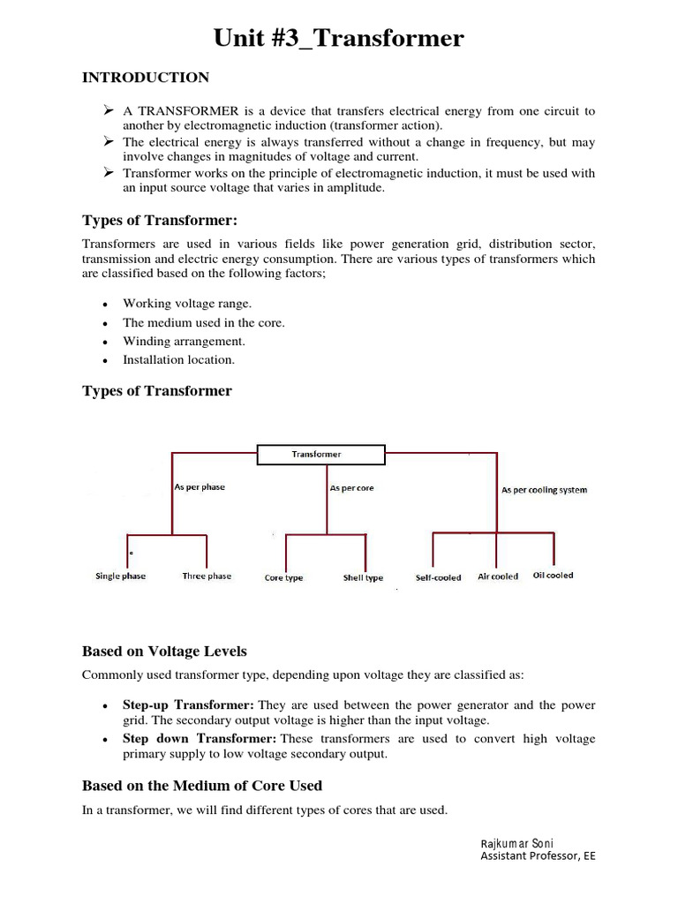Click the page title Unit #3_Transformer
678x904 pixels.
coord(339,38)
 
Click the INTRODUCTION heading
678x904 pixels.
coord(146,78)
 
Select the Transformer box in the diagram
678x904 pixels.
coord(320,455)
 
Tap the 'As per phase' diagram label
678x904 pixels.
coord(200,487)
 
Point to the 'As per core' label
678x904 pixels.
coord(351,488)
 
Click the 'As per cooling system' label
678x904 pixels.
coord(544,489)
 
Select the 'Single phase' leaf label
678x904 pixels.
coord(121,576)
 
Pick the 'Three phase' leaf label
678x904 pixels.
coord(207,576)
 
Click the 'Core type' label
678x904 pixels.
coord(283,578)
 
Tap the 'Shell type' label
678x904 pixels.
coord(363,578)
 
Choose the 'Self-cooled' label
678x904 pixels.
coord(439,578)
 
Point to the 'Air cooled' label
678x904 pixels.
coord(498,576)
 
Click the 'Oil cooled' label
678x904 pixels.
coord(553,576)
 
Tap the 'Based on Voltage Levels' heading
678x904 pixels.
coord(164,652)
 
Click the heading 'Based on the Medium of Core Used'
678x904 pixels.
coord(202,786)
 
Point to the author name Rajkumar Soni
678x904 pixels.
coord(516,843)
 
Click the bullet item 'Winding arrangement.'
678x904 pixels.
coord(184,342)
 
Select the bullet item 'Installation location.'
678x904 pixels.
coord(178,360)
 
